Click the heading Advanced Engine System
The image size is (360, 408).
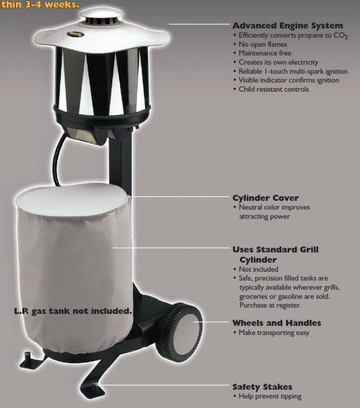[x=288, y=26]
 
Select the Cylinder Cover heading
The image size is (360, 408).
[x=265, y=198]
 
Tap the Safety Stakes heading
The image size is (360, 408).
[x=262, y=387]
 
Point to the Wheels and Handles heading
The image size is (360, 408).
[x=277, y=323]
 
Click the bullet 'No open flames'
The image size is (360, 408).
[x=263, y=44]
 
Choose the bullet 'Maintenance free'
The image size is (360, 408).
[x=265, y=53]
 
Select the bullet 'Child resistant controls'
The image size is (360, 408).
[x=274, y=89]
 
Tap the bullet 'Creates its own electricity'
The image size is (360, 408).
[x=278, y=62]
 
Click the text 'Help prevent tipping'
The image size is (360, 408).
[x=270, y=396]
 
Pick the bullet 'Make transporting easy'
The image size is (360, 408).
[x=274, y=333]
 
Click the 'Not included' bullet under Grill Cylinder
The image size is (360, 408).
[x=259, y=269]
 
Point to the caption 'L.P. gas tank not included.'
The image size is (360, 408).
[x=73, y=311]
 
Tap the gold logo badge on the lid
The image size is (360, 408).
[x=76, y=34]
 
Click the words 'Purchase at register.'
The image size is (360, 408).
[x=270, y=305]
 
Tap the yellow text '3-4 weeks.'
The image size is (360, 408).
[x=52, y=5]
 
